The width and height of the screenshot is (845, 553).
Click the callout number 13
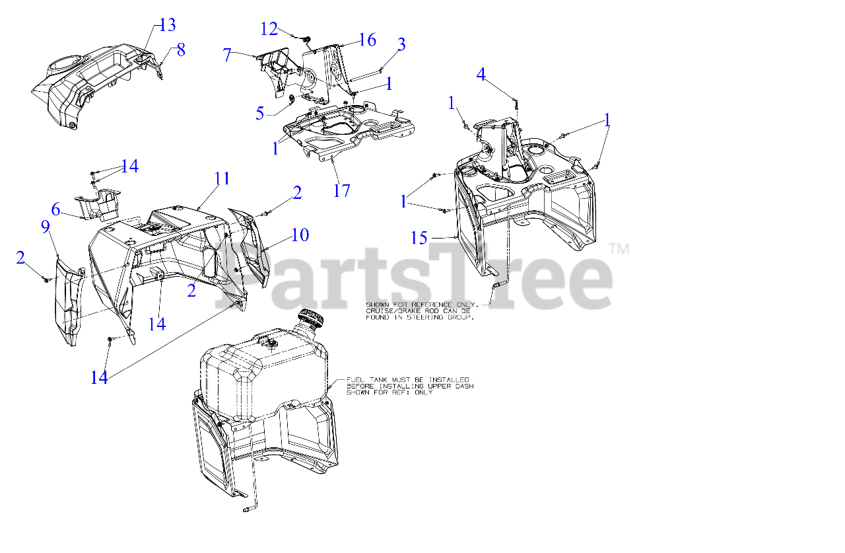167,25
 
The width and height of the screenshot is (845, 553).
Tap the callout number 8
181,50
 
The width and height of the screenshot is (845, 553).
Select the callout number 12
269,29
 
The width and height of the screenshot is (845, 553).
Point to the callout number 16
368,40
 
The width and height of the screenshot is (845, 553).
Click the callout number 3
401,44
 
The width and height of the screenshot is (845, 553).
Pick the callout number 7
226,55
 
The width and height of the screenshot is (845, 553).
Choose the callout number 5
259,113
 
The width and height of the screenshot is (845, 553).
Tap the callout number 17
342,190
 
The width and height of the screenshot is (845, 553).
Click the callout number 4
481,75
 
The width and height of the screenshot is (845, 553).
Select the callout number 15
419,238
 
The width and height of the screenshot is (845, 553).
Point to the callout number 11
222,178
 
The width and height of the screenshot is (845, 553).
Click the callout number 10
300,235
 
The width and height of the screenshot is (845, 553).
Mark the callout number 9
46,227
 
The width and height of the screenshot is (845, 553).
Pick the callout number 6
56,209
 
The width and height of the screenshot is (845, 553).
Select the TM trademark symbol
619,249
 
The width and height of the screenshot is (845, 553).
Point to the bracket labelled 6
99,204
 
